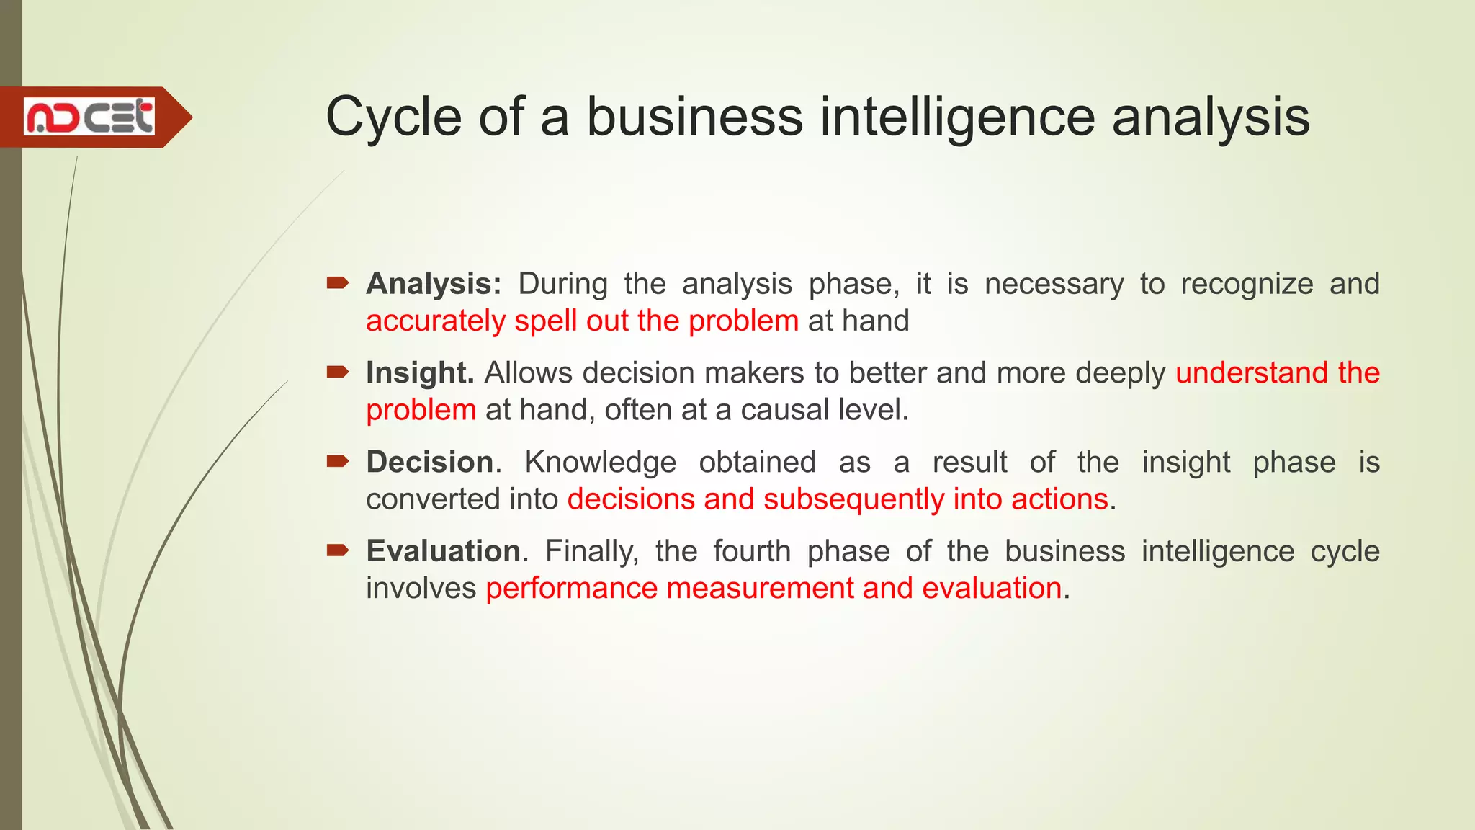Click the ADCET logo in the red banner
tap(89, 117)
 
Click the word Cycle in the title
tap(393, 117)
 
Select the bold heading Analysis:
tap(434, 284)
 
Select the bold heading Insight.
tap(420, 373)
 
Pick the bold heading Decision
tap(430, 462)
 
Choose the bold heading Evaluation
tap(444, 551)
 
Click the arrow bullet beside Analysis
tap(337, 283)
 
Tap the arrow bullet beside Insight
tap(337, 372)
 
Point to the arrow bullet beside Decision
tap(337, 461)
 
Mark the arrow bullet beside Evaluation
tap(337, 550)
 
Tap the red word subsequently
tap(854, 499)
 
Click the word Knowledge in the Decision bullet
tap(600, 462)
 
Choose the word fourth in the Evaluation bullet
tap(752, 551)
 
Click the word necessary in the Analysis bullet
tap(1054, 284)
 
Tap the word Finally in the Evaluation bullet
tap(591, 551)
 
